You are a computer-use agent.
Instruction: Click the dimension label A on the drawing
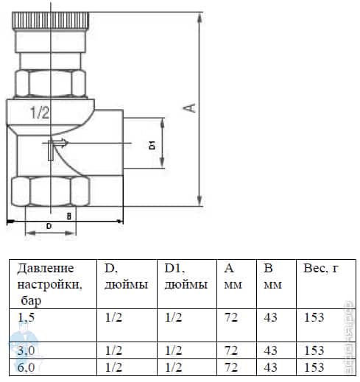(x=191, y=108)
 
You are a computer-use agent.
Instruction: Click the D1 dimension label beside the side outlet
(x=152, y=144)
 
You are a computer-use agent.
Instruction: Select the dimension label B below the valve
(x=68, y=216)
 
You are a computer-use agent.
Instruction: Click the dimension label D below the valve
(x=49, y=227)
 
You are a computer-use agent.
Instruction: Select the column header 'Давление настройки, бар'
(x=49, y=284)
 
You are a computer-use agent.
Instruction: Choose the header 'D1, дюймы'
(x=185, y=277)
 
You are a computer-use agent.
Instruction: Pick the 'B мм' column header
(x=273, y=277)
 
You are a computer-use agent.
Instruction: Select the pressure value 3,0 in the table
(x=27, y=350)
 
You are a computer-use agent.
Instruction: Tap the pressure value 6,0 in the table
(x=27, y=367)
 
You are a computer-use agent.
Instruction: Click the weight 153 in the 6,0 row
(x=314, y=367)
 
